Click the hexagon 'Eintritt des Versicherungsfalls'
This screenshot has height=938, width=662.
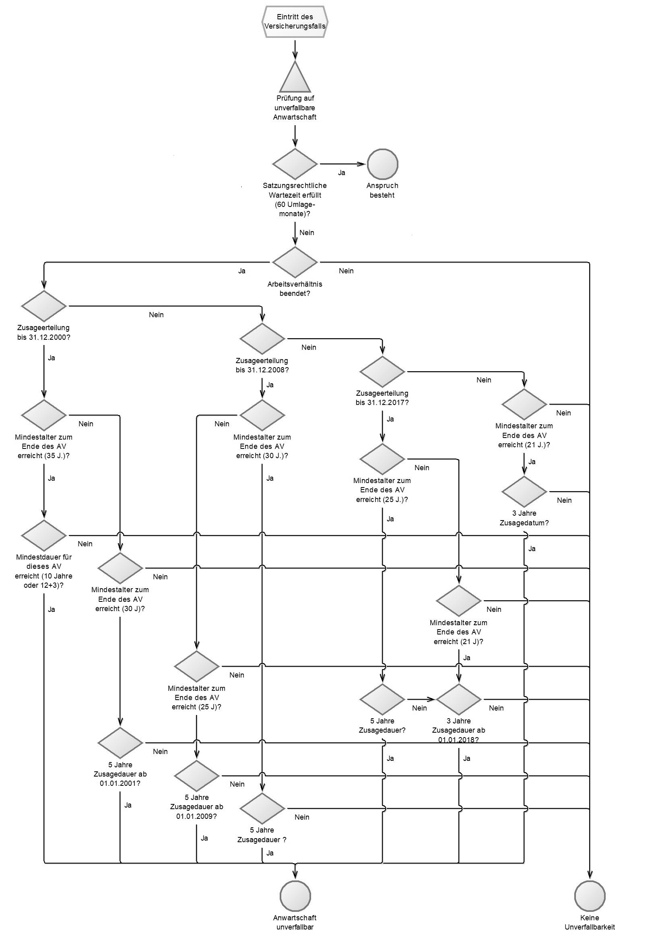[x=295, y=22]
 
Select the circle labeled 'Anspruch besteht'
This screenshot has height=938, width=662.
[x=382, y=164]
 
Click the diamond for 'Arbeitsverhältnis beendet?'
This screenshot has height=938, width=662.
[x=295, y=262]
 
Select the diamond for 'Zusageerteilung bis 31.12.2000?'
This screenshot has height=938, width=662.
[x=44, y=306]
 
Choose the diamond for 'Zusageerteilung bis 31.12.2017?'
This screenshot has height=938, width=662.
[x=382, y=371]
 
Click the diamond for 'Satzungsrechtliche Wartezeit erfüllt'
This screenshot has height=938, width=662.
[x=295, y=164]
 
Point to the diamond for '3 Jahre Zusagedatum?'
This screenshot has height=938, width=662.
[x=524, y=492]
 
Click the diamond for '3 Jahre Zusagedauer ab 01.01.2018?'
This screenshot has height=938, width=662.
[x=459, y=699]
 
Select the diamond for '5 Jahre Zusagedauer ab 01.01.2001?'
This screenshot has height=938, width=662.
[x=120, y=743]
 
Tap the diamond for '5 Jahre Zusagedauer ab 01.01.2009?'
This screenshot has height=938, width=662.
[x=196, y=775]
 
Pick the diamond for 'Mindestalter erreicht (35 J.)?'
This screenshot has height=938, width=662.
[x=44, y=415]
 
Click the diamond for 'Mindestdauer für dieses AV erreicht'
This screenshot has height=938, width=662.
[x=44, y=535]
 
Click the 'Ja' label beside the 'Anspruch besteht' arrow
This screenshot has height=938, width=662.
[x=341, y=173]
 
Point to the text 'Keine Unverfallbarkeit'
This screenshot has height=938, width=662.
[x=589, y=922]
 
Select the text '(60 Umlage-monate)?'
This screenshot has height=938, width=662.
[x=295, y=209]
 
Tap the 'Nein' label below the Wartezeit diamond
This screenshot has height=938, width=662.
[x=307, y=233]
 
